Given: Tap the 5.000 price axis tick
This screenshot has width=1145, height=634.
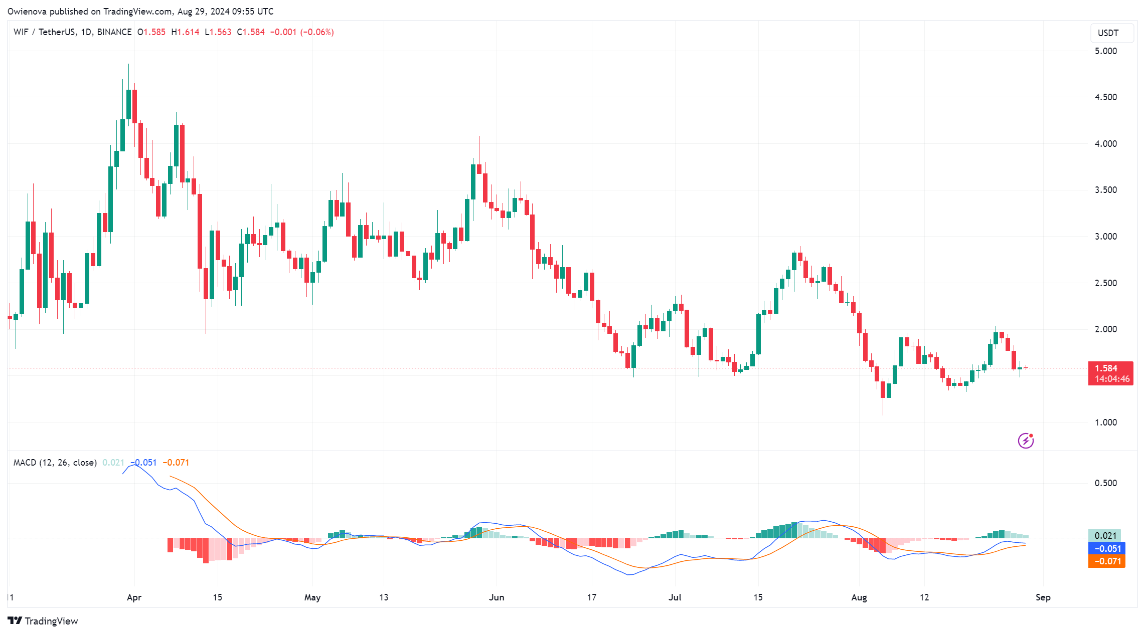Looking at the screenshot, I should [x=1105, y=51].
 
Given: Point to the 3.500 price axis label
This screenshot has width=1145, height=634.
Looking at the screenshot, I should [x=1105, y=190].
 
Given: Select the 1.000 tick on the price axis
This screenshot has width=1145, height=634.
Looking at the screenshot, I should [x=1105, y=422].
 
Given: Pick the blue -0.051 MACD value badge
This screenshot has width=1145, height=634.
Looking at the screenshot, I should [x=1107, y=549].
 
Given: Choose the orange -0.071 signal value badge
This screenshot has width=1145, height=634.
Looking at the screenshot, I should [x=1107, y=561].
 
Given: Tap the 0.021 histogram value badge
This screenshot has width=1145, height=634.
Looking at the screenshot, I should [x=1105, y=536].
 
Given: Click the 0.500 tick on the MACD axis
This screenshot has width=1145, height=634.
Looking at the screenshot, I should [x=1105, y=483].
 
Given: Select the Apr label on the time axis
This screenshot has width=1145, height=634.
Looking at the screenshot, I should [x=134, y=597].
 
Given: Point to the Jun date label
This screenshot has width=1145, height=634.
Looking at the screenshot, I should [x=496, y=597].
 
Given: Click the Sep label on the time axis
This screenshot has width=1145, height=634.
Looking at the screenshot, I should [x=1043, y=597].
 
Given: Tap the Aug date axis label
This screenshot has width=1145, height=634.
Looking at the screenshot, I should [x=859, y=597].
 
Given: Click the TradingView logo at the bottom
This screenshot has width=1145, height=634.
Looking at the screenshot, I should [x=43, y=621].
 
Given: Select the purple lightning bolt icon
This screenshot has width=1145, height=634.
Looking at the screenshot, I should [x=1026, y=441].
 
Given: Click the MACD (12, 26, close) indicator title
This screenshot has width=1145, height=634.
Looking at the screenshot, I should [x=55, y=463].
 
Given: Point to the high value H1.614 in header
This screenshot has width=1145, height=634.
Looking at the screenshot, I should [x=185, y=32].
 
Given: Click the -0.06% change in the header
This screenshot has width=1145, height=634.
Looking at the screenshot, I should [x=317, y=32].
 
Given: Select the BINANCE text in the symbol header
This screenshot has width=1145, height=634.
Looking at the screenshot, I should [x=114, y=32].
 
